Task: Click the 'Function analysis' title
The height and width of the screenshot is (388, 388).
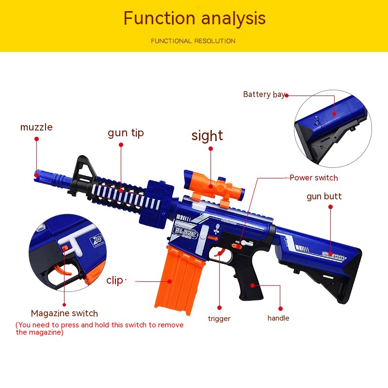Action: coord(194,18)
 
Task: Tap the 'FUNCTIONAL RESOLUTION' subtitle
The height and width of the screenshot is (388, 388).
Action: coord(193,41)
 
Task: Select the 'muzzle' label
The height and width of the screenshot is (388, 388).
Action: coord(36,127)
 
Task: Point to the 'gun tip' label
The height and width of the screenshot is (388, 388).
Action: coord(126,133)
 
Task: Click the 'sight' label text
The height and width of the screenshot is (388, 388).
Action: coord(207,136)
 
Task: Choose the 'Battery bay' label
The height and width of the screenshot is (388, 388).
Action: coord(264,95)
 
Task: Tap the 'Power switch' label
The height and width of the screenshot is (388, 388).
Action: coord(314,178)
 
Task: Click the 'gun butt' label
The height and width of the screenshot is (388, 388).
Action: coord(324,196)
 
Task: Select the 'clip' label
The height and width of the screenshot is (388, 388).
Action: coord(114,281)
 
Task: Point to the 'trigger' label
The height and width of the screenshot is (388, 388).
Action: coord(219,319)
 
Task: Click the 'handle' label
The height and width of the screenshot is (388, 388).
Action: coord(278,318)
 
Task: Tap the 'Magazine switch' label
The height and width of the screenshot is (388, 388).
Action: coord(65,313)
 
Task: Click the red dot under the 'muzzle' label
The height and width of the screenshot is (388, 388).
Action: coord(37,139)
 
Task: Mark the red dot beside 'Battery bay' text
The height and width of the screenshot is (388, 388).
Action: coord(287,95)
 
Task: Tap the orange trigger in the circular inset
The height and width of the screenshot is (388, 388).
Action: coord(63,271)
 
